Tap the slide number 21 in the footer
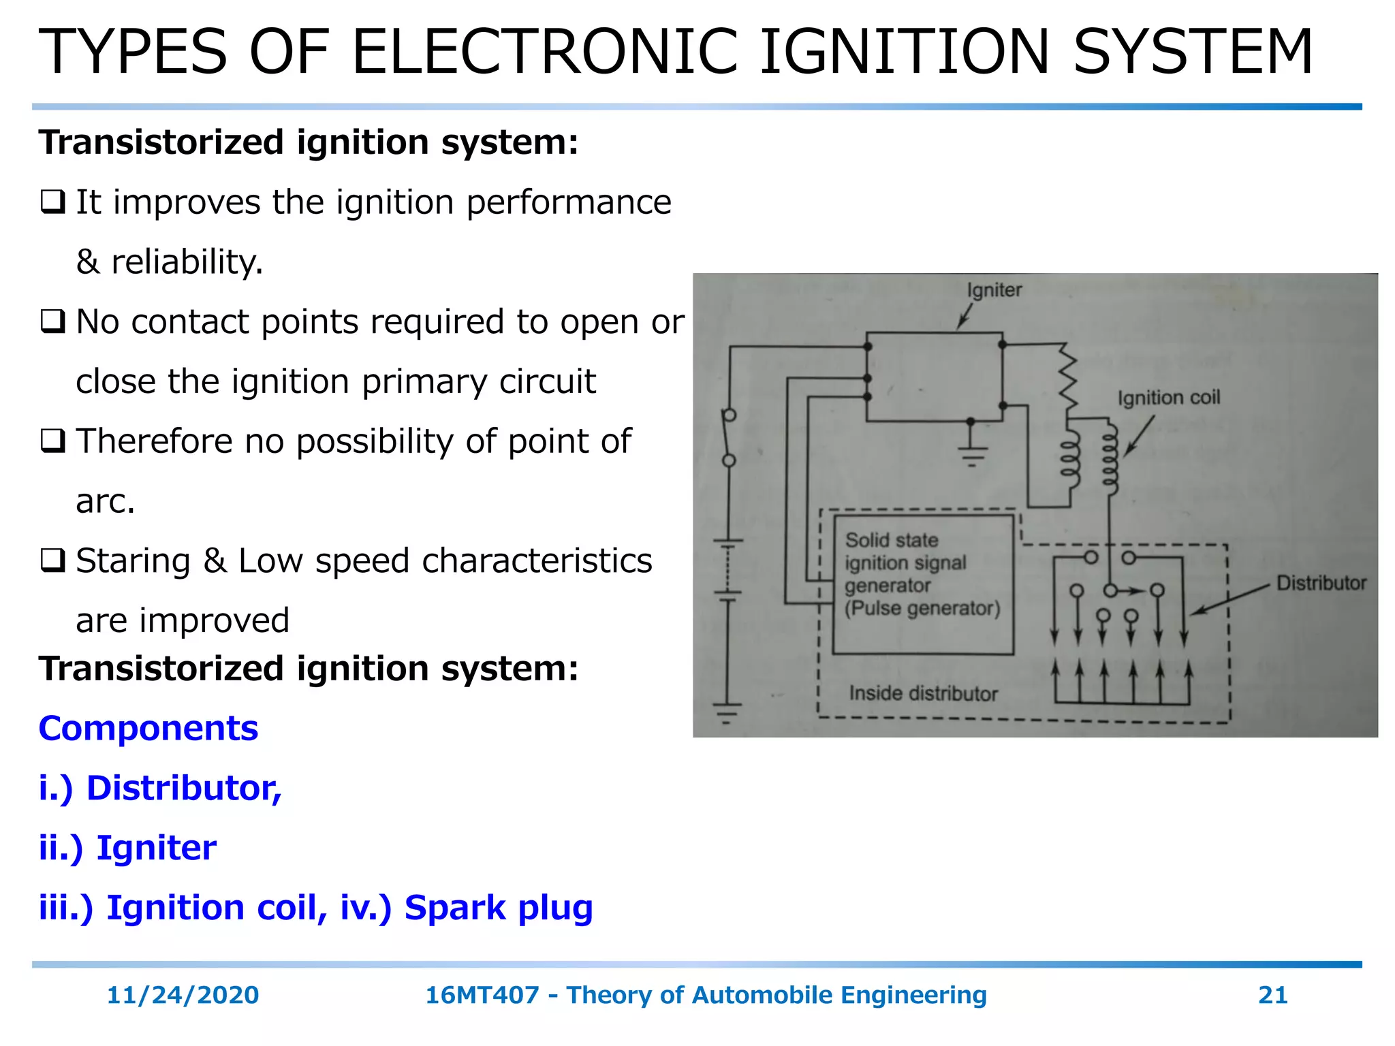click(1272, 995)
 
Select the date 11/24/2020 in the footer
click(183, 995)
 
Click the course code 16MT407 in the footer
click(482, 995)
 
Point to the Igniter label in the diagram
click(994, 290)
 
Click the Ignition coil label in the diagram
click(1168, 398)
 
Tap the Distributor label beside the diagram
click(1321, 583)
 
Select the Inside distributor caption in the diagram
click(923, 693)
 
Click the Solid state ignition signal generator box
click(922, 584)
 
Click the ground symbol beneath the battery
click(727, 712)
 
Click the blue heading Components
click(148, 728)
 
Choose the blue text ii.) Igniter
click(127, 848)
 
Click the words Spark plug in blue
click(498, 908)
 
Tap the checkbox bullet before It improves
click(52, 202)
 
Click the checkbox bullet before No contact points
click(52, 321)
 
